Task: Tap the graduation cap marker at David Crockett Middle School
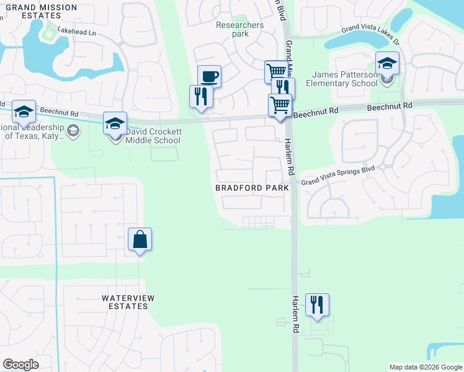[115, 124]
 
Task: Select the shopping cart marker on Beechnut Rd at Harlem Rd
[280, 105]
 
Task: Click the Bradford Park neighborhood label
[252, 187]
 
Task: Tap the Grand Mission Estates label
[41, 12]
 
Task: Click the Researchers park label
[239, 29]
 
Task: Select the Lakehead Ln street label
[77, 31]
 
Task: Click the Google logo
[20, 365]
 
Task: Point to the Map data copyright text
[426, 367]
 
